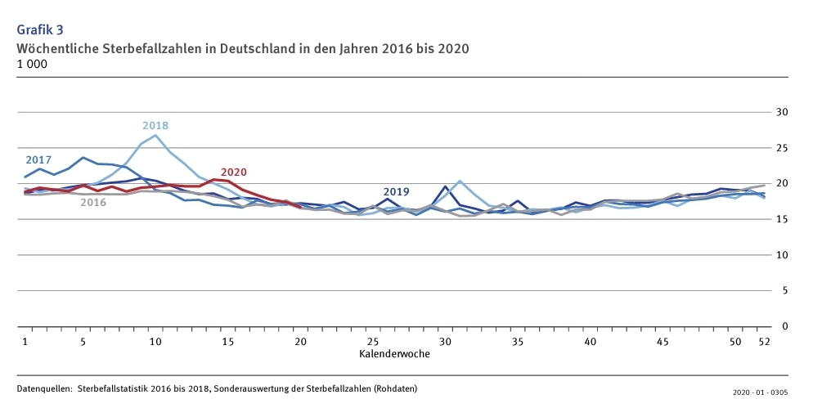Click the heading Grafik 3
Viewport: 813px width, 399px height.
tap(40, 30)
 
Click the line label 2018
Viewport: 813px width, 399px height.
tap(155, 126)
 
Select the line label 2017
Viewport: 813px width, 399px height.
tap(38, 159)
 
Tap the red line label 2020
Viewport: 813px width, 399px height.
tap(234, 173)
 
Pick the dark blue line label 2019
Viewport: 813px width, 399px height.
tap(396, 192)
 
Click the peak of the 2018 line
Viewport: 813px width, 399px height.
tap(155, 135)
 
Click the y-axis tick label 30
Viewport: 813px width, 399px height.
tap(781, 112)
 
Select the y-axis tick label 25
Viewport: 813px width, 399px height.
tap(781, 148)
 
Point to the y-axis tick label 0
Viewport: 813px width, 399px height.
tap(784, 326)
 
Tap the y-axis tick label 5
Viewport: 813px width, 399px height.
tap(784, 290)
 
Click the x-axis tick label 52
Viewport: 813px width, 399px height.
tap(764, 341)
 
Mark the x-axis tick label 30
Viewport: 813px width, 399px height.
tap(445, 341)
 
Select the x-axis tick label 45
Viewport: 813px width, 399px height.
tap(663, 341)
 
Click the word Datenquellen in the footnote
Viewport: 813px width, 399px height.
tap(43, 388)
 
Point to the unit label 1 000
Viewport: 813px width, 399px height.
tap(32, 64)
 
